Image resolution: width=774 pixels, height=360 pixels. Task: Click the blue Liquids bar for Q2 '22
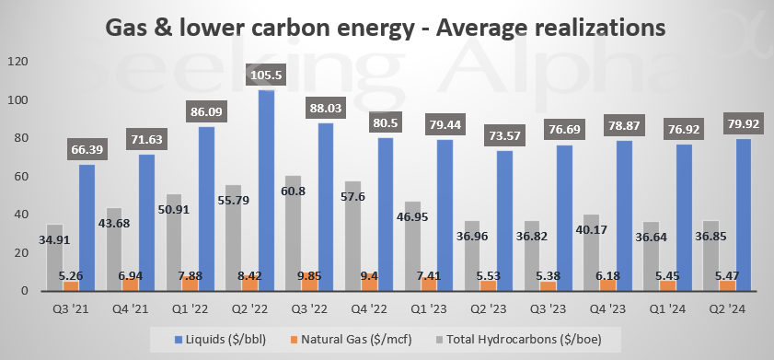266,190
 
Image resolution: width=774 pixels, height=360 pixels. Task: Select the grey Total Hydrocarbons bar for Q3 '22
293,233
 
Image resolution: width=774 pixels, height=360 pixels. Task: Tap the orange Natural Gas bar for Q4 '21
131,285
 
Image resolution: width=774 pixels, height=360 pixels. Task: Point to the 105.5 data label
266,75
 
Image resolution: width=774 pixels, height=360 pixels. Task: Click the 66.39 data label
87,150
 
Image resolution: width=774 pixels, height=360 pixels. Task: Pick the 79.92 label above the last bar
744,124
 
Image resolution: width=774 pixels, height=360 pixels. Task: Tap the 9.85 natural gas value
310,275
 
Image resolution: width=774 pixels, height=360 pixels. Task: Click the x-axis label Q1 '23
429,309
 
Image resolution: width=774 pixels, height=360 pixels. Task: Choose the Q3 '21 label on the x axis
71,309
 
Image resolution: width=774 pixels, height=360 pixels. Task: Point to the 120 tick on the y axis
17,62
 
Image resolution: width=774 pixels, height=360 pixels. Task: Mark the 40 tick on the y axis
21,215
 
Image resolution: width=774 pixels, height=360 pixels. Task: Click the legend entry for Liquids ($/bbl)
220,340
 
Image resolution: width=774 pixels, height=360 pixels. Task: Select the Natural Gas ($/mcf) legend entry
351,340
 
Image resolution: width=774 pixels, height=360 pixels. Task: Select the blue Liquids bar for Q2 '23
504,221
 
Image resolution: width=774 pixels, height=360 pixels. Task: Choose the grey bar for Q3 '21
54,258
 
